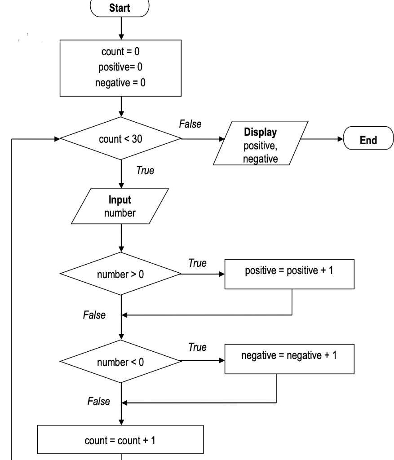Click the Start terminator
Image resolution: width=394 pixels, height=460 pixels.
coord(121,8)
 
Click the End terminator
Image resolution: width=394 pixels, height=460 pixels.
coord(368,140)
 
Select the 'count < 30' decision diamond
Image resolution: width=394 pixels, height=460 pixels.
coord(121,139)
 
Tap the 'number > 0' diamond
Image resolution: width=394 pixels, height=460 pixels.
coord(121,274)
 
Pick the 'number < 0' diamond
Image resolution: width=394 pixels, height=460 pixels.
coord(121,361)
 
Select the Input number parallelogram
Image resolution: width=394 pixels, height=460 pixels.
coord(120,207)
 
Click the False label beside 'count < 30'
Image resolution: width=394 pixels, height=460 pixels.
coord(190,124)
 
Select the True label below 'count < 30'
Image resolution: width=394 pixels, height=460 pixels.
coord(145,171)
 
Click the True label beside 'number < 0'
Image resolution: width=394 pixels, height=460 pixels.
coord(198,347)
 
